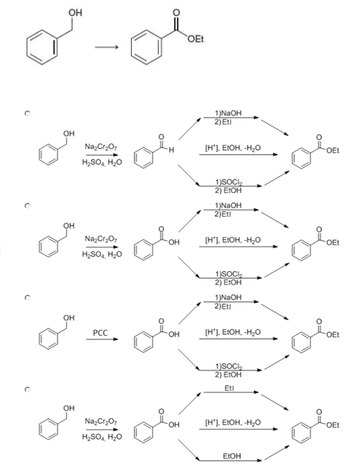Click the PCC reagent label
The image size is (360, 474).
pyautogui.click(x=102, y=332)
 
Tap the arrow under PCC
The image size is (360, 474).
pyautogui.click(x=102, y=340)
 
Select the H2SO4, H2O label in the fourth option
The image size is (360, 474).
pyautogui.click(x=102, y=438)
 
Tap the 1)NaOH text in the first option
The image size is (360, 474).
pyautogui.click(x=229, y=113)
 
